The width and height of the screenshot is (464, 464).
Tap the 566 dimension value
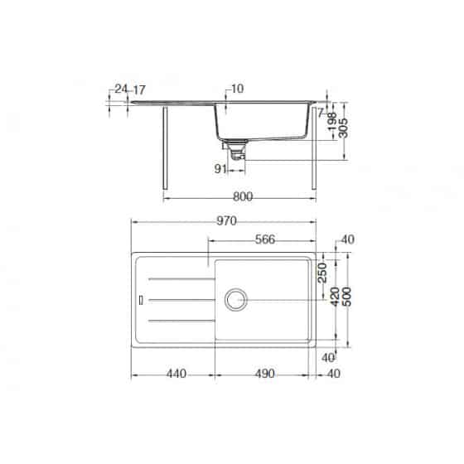[x=265, y=241]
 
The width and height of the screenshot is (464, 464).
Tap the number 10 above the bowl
[x=239, y=89]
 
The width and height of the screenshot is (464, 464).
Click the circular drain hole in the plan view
[x=235, y=298]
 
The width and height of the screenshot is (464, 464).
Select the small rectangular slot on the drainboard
[x=142, y=297]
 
